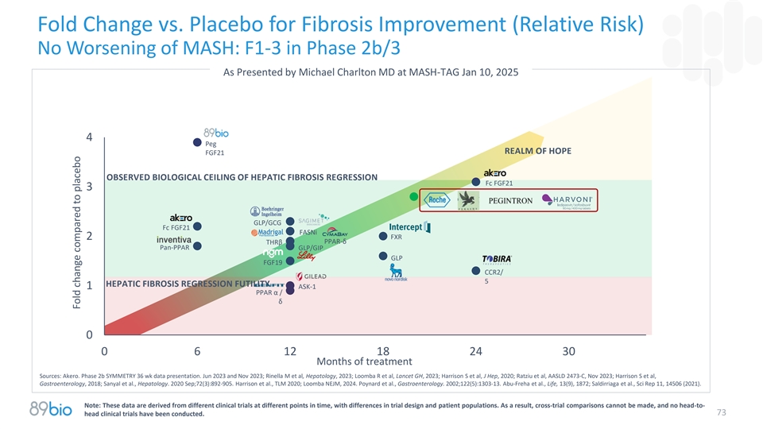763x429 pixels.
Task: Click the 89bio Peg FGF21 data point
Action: pyautogui.click(x=196, y=143)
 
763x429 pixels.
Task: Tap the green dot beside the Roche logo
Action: pyautogui.click(x=413, y=196)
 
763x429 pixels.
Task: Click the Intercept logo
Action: pyautogui.click(x=410, y=227)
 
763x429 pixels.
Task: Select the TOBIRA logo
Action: pyautogui.click(x=497, y=259)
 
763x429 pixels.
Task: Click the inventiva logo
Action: pyautogui.click(x=173, y=239)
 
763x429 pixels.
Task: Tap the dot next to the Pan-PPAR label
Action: pyautogui.click(x=196, y=246)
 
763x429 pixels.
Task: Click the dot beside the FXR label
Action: pyautogui.click(x=383, y=237)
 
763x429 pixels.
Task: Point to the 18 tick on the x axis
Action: pyautogui.click(x=383, y=352)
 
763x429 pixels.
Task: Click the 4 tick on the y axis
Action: pyautogui.click(x=90, y=137)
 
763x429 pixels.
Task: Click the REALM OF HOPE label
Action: pyautogui.click(x=538, y=151)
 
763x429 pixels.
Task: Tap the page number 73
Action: pyautogui.click(x=722, y=412)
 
